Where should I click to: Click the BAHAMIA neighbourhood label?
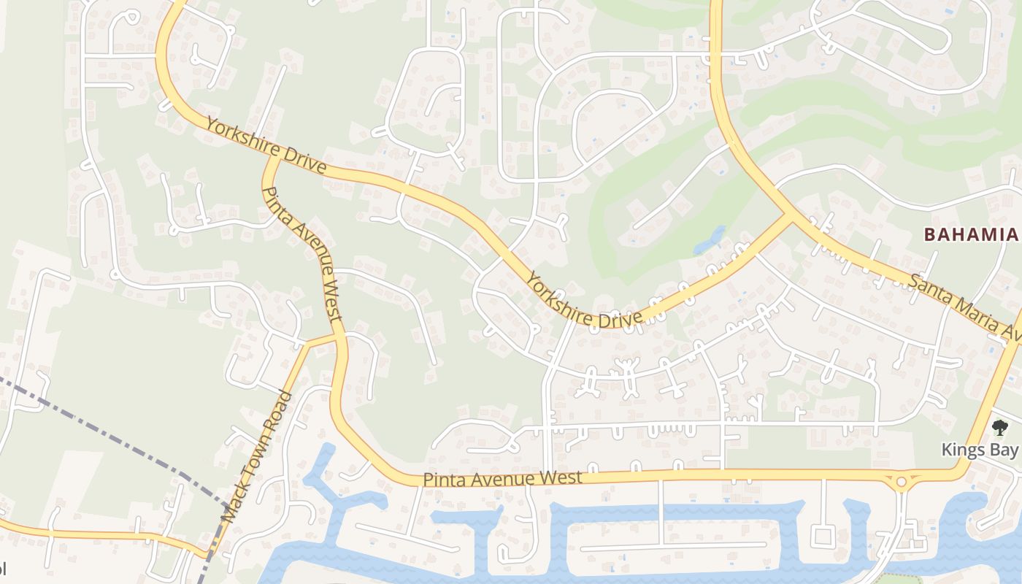click(x=970, y=234)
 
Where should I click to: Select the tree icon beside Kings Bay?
click(x=999, y=428)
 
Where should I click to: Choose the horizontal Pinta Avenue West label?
click(x=503, y=479)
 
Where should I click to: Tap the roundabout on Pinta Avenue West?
click(x=902, y=482)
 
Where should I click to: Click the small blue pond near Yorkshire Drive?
click(x=710, y=240)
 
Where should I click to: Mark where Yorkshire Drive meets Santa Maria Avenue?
click(x=790, y=215)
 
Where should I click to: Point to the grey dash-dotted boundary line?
click(x=109, y=431)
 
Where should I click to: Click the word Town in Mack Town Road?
click(x=256, y=456)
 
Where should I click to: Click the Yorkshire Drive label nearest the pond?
click(x=583, y=301)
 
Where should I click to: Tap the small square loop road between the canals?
click(x=823, y=537)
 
